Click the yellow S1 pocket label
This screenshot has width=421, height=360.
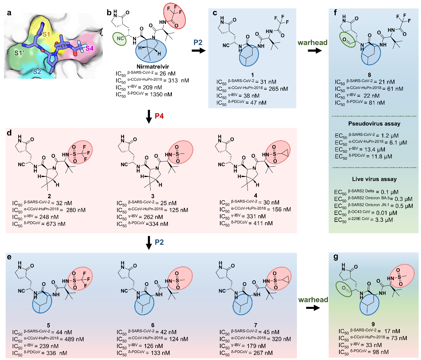[46, 35]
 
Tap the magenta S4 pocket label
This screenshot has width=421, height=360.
[90, 48]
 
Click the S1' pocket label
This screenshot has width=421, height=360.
[19, 53]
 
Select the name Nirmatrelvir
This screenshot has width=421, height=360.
[153, 67]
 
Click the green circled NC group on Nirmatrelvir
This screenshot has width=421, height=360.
[120, 39]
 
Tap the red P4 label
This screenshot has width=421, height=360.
[159, 116]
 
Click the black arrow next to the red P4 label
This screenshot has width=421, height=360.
[149, 117]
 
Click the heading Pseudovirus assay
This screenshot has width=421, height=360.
[374, 124]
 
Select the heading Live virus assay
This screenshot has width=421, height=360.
[374, 179]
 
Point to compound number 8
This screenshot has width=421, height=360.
[369, 75]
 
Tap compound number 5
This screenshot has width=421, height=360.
[48, 325]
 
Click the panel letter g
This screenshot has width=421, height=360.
[336, 257]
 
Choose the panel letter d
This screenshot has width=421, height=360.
[9, 133]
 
